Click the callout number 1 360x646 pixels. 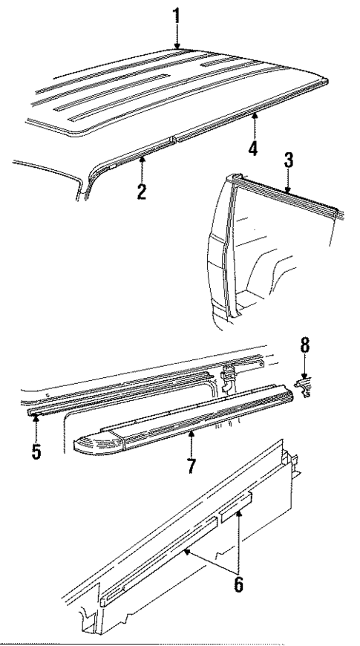coord(177,15)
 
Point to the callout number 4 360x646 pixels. coord(253,148)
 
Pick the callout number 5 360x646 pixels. coord(35,451)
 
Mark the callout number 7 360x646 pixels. coord(191,469)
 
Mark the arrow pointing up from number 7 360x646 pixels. coord(191,445)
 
